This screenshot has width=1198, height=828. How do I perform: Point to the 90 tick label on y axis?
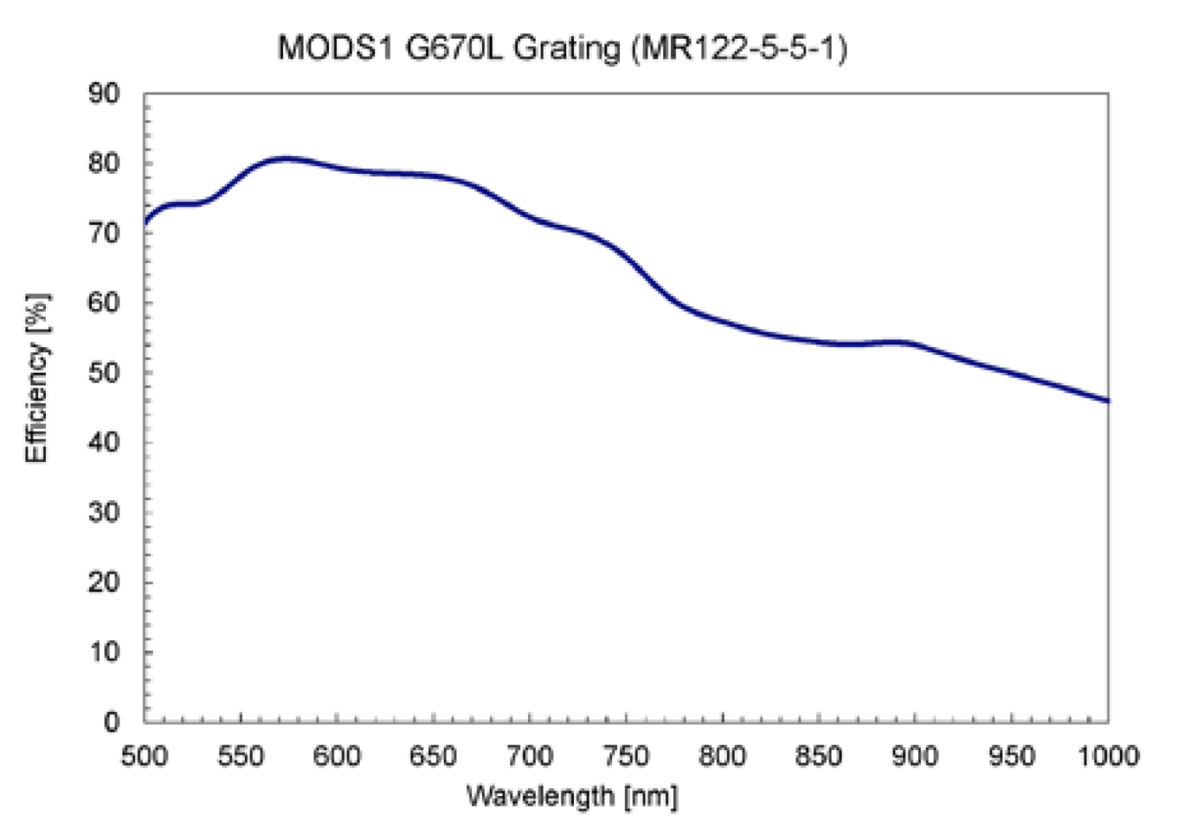click(104, 94)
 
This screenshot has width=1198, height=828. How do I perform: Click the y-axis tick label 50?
click(104, 372)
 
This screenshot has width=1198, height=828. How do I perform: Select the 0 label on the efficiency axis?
click(112, 721)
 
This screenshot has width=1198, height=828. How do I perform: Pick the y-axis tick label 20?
click(104, 581)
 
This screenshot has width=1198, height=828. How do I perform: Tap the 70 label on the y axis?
click(104, 233)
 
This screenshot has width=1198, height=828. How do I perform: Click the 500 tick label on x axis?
click(144, 755)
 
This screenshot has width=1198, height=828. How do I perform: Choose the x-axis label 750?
click(626, 755)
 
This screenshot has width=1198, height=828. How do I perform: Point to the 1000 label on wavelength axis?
click(1108, 755)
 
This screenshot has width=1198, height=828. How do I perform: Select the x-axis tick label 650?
click(434, 755)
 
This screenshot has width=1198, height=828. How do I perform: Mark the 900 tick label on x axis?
click(915, 755)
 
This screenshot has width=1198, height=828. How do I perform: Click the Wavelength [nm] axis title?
click(572, 797)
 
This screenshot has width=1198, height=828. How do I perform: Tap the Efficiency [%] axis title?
click(37, 378)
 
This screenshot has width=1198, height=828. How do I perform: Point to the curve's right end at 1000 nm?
click(1108, 401)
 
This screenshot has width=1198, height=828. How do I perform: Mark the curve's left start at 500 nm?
click(145, 223)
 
